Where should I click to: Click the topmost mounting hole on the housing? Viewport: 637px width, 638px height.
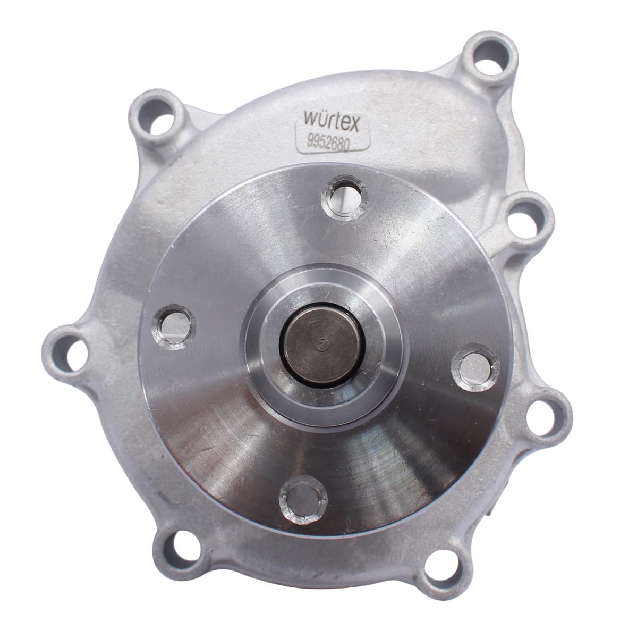pyautogui.click(x=489, y=58)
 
